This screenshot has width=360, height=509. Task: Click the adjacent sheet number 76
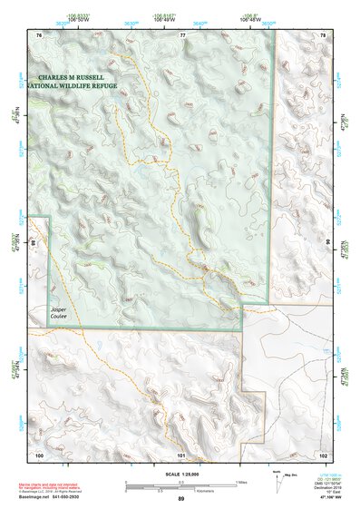[x=39, y=34]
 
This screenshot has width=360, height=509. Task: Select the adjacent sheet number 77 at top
[x=182, y=34]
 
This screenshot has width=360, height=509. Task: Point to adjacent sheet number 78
[x=324, y=34]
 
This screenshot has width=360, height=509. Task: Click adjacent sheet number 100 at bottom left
[x=39, y=454]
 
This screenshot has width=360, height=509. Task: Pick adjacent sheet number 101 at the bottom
[x=181, y=454]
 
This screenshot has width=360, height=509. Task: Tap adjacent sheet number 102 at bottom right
[x=324, y=454]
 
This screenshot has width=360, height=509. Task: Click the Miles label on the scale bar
[x=239, y=481]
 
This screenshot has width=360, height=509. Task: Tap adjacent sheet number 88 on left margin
[x=33, y=243]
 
